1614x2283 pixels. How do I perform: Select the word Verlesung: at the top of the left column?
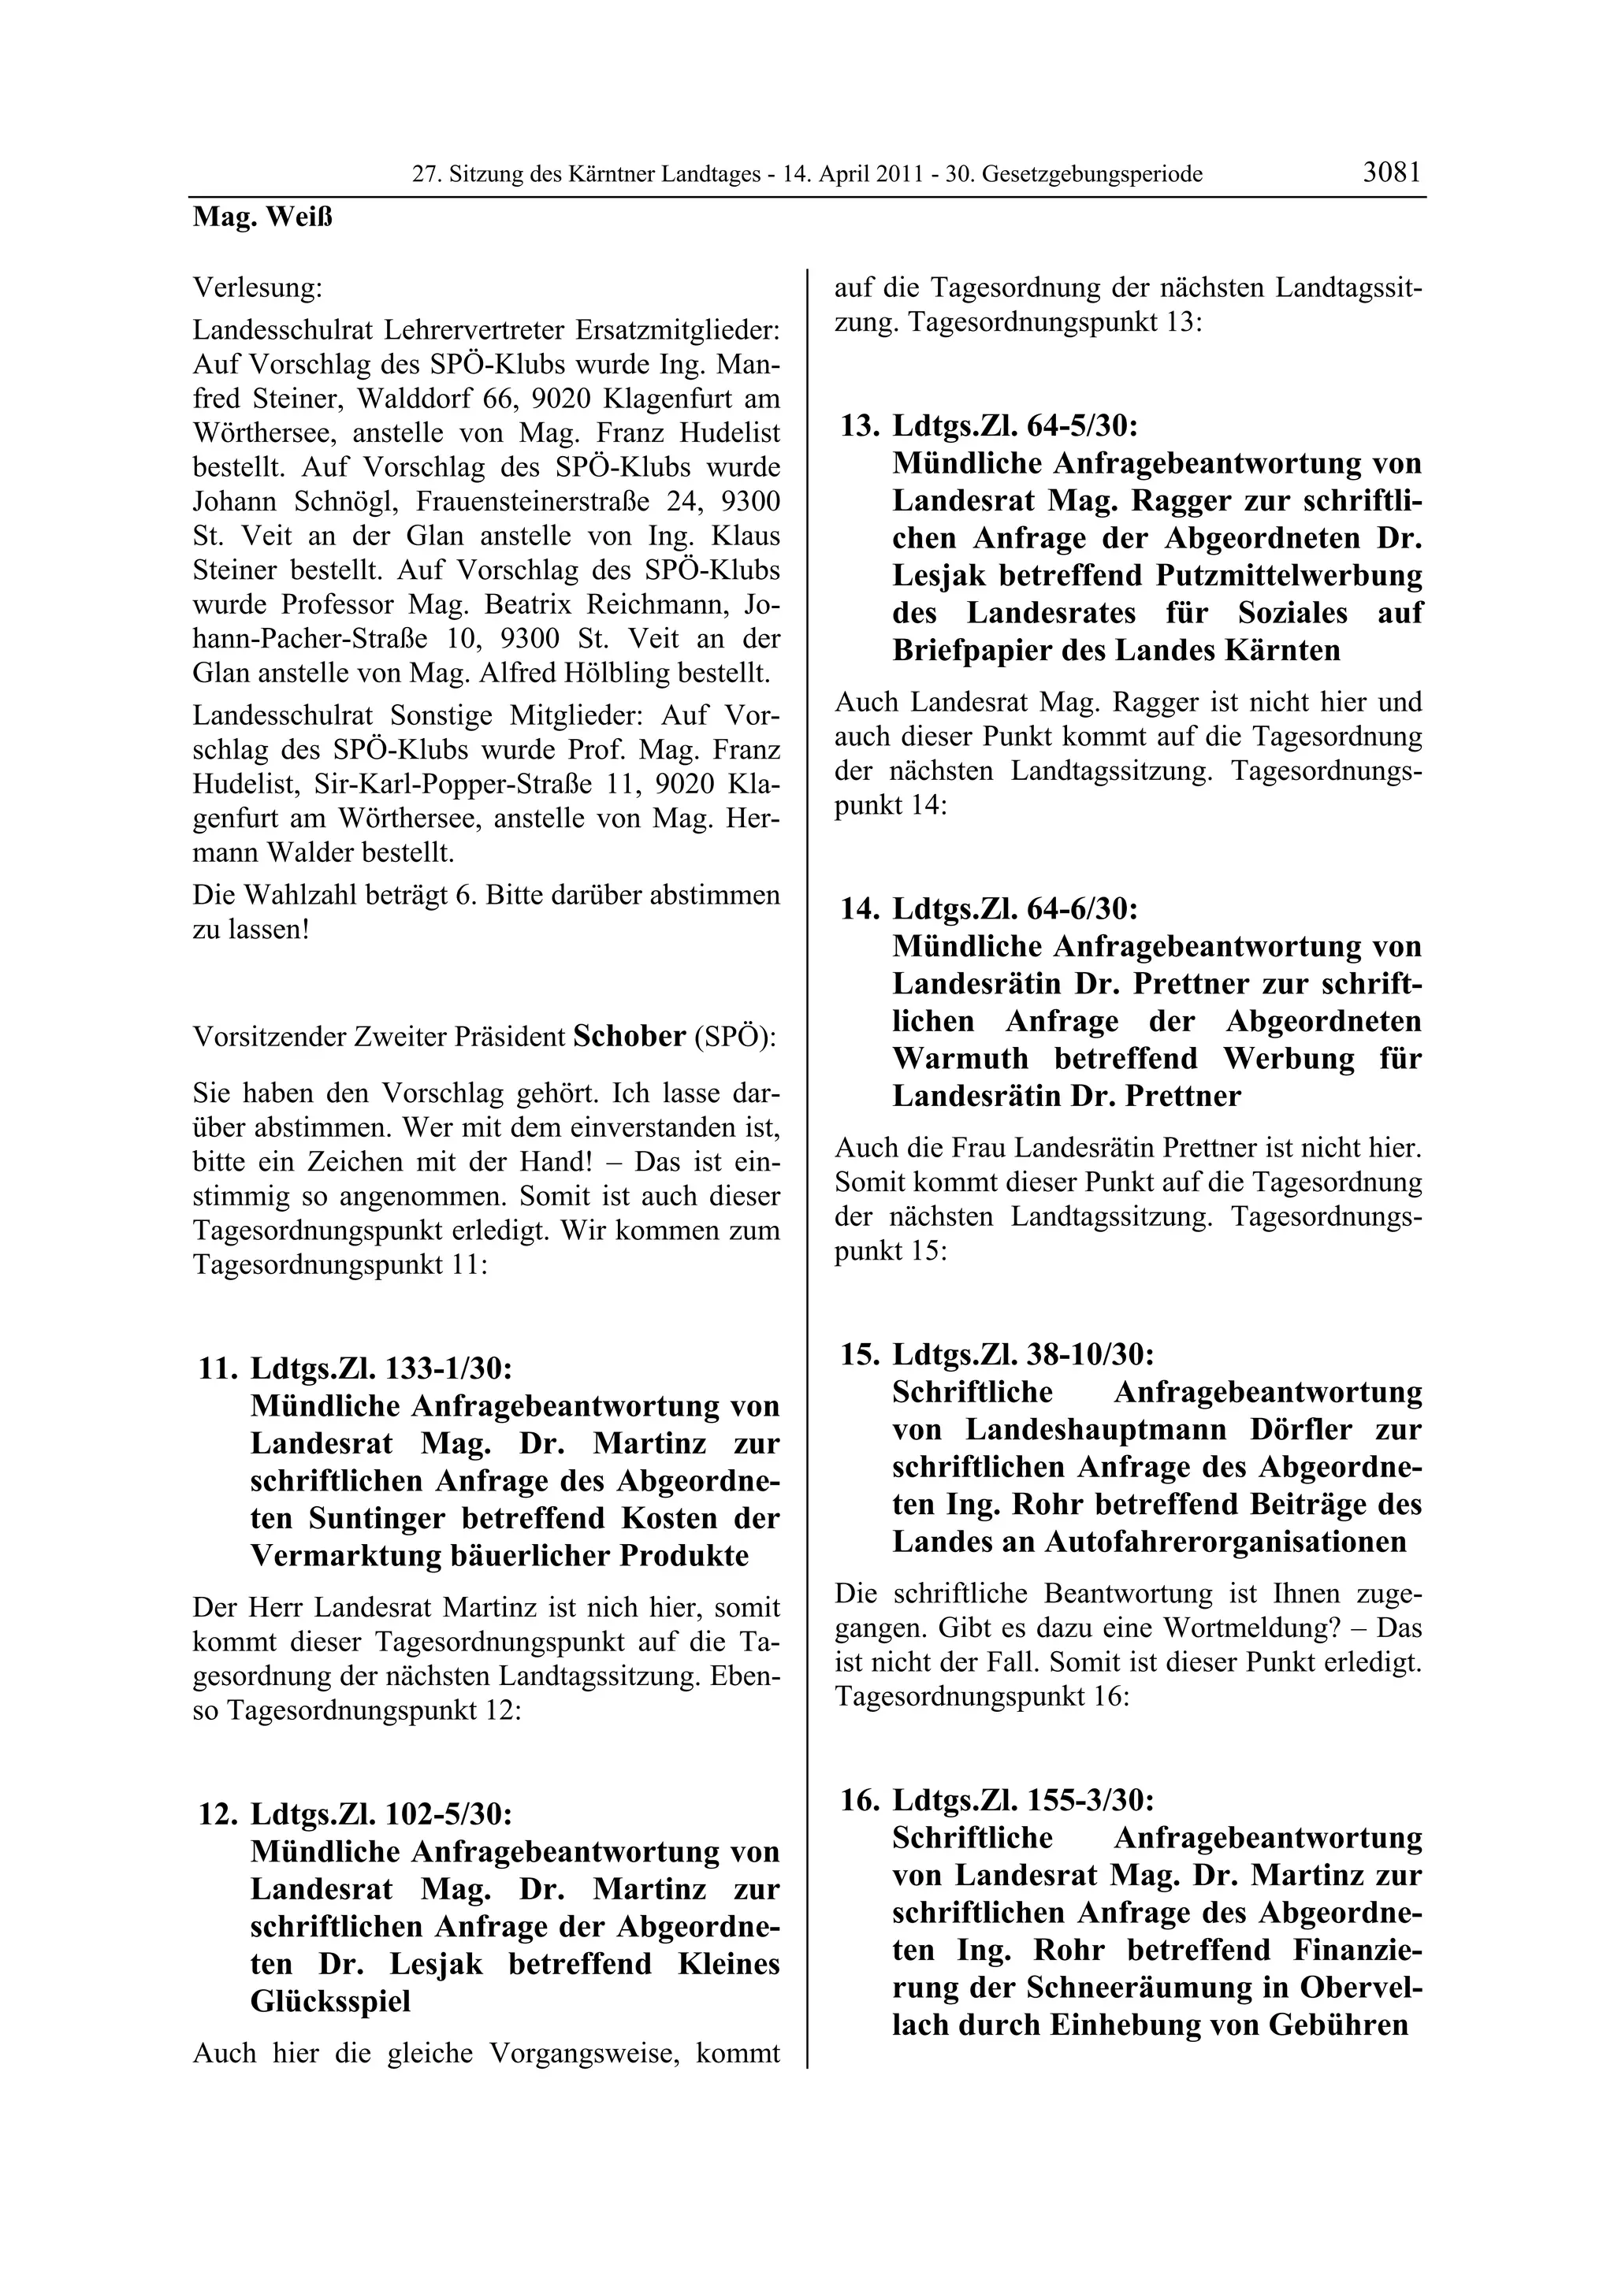coord(258,288)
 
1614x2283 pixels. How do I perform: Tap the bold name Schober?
coord(630,1036)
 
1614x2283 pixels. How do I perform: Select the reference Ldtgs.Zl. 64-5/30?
coord(1014,426)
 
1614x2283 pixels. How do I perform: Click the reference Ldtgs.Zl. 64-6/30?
coord(1014,909)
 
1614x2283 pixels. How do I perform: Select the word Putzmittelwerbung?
coord(1289,576)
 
